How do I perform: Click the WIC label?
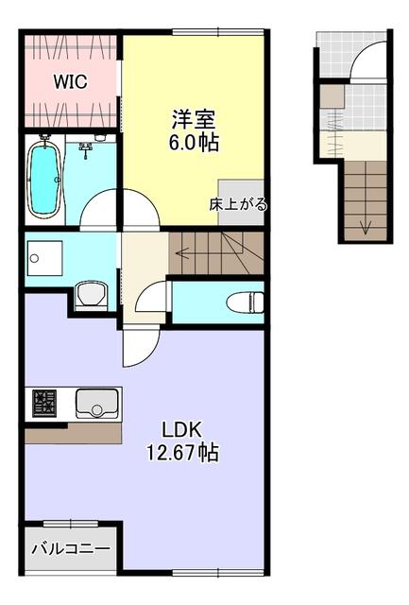(70, 82)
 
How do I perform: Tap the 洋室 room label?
(193, 120)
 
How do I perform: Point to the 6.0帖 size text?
(193, 143)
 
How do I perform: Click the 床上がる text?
(238, 204)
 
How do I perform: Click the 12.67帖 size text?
(182, 453)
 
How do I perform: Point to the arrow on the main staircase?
(185, 252)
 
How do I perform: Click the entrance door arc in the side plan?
(366, 63)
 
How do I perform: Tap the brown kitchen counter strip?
(73, 433)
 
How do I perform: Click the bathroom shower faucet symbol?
(87, 148)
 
